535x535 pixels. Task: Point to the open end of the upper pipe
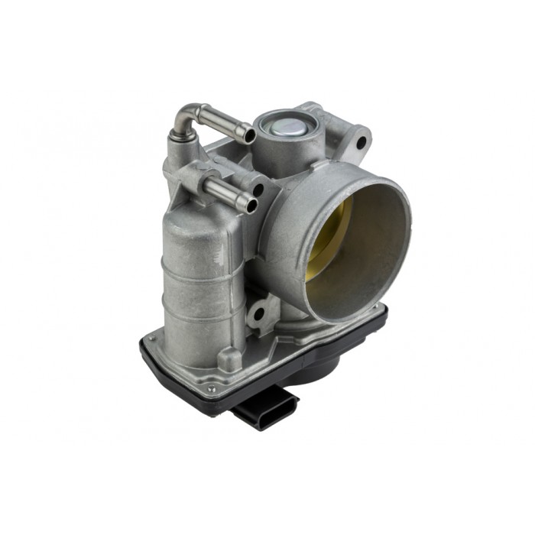pos(249,135)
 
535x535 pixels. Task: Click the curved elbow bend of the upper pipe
pos(184,118)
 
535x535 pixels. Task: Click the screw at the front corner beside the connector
pos(211,389)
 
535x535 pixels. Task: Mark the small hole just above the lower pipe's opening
pos(258,188)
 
